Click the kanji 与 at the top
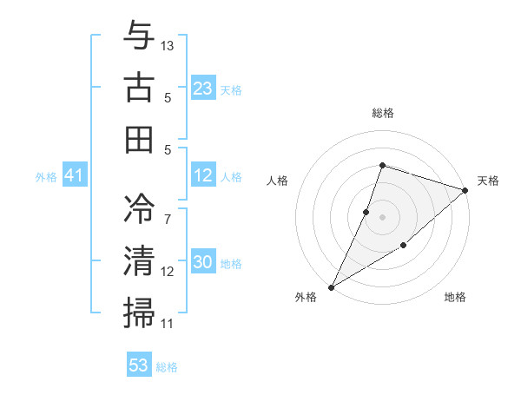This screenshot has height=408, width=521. [x=140, y=37]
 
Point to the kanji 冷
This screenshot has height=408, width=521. [x=140, y=209]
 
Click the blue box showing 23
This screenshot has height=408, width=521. [x=203, y=88]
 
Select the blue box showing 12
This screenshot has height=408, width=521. [x=203, y=175]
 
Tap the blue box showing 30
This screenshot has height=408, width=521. [x=203, y=262]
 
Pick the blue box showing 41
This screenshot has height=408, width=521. [x=74, y=176]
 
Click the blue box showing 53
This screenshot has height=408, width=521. [x=139, y=365]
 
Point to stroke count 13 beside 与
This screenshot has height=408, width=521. [x=168, y=44]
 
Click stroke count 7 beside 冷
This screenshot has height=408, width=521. [x=168, y=209]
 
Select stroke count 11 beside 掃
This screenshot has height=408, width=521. [x=168, y=323]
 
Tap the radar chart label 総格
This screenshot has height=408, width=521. [x=382, y=113]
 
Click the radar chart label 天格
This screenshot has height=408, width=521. [x=488, y=181]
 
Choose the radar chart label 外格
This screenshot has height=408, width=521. [x=306, y=298]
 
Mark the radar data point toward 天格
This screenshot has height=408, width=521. [x=466, y=190]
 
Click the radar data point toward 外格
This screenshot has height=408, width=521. [x=331, y=286]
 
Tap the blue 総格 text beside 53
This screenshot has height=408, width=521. [x=167, y=367]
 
